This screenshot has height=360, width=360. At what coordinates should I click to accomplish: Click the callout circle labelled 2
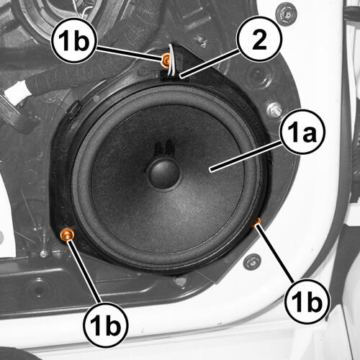[x=259, y=39]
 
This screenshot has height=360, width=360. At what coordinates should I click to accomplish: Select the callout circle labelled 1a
[x=302, y=132]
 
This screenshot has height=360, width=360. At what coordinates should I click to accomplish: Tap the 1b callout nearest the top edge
[x=73, y=40]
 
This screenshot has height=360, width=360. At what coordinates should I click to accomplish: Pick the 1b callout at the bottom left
[x=106, y=325]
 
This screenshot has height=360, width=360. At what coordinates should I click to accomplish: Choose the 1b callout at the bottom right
[x=307, y=301]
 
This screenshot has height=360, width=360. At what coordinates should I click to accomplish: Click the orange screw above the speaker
[x=166, y=59]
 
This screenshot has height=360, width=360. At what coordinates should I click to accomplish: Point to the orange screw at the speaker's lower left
[x=66, y=234]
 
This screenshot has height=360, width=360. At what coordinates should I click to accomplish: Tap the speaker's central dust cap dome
[x=164, y=173]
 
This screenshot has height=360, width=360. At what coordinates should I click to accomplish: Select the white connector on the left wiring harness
[x=17, y=92]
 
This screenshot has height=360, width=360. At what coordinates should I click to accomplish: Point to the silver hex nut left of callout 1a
[x=274, y=110]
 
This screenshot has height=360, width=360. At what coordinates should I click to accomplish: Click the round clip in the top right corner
[x=286, y=14]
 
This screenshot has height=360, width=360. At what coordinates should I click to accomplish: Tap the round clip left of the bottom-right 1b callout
[x=252, y=261]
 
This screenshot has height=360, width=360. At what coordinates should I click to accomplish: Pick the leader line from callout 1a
[x=246, y=156]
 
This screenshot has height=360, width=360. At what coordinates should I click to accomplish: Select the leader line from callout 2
[x=210, y=63]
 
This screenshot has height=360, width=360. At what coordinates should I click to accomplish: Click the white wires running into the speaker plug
[x=172, y=59]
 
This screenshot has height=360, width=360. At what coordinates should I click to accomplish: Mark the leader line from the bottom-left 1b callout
[x=84, y=271]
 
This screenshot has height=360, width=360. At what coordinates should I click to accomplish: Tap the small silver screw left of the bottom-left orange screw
[x=43, y=253]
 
